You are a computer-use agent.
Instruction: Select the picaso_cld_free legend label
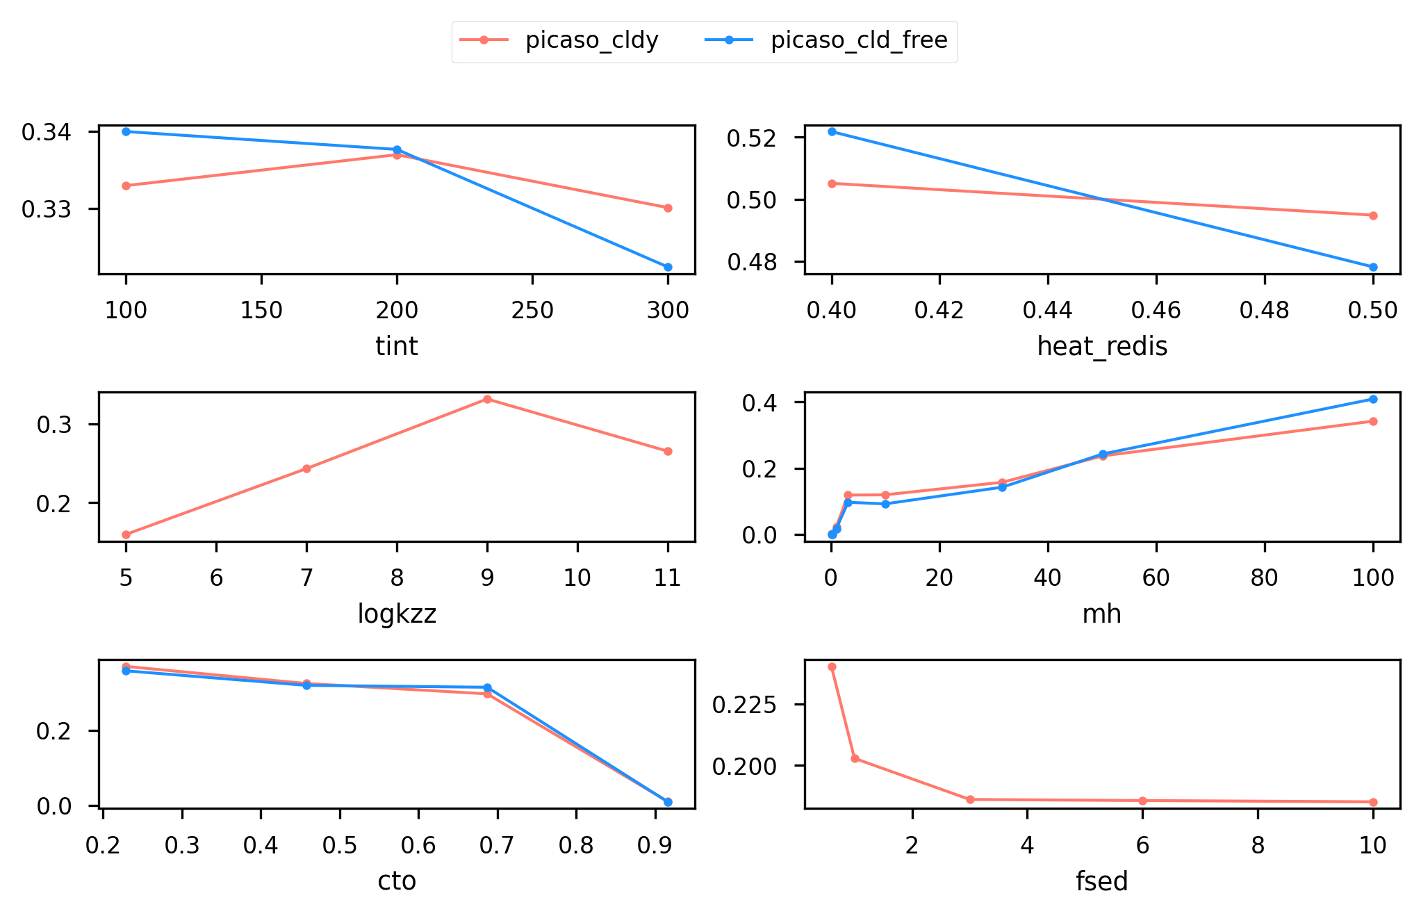tap(859, 40)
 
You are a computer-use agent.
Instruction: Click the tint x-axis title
tap(397, 346)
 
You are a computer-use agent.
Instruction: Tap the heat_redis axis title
tap(1102, 346)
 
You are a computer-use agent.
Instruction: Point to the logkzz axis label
tap(397, 614)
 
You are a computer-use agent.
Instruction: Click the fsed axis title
tap(1102, 881)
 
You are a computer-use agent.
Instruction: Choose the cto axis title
tap(397, 881)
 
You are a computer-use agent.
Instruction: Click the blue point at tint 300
tap(668, 267)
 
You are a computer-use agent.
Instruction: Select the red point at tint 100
tap(126, 186)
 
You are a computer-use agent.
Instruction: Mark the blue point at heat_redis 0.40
tap(832, 131)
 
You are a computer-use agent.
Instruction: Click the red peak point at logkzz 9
tap(487, 399)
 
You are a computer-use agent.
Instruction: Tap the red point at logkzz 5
tap(126, 534)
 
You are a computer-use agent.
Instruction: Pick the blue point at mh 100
tap(1373, 399)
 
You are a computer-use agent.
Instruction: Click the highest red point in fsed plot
tap(832, 666)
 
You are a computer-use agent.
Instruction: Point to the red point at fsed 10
tap(1373, 802)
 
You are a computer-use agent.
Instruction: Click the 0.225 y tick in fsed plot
tap(740, 705)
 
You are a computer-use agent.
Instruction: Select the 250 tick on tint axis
tap(532, 310)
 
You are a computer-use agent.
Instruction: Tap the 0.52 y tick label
tap(750, 138)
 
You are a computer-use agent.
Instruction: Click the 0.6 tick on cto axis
tap(418, 845)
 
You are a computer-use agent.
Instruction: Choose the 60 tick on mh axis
tap(1156, 578)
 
